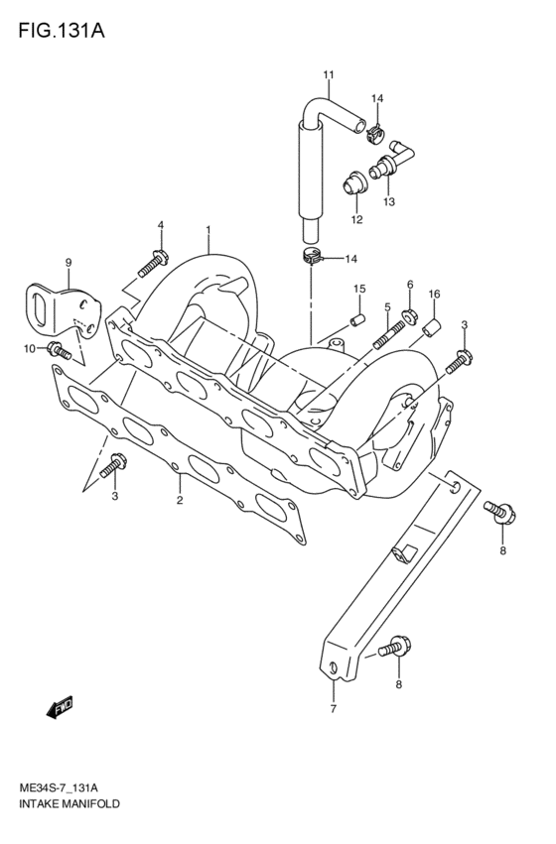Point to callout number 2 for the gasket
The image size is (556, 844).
[180, 500]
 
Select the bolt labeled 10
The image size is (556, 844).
[60, 349]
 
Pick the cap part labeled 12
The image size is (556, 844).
[349, 184]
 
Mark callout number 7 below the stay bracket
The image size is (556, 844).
[333, 708]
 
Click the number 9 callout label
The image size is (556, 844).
[69, 262]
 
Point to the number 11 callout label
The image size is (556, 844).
[328, 75]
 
